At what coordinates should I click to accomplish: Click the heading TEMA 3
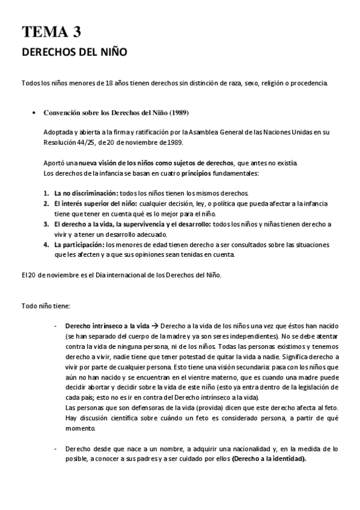(51, 32)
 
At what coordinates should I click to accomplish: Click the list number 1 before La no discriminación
(46, 193)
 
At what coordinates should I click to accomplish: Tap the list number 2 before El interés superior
(46, 204)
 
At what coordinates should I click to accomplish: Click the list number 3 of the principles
(46, 224)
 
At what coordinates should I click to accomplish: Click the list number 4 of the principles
(46, 245)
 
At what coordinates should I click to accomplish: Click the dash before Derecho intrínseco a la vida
(55, 325)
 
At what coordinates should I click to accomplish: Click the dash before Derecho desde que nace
(55, 449)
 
